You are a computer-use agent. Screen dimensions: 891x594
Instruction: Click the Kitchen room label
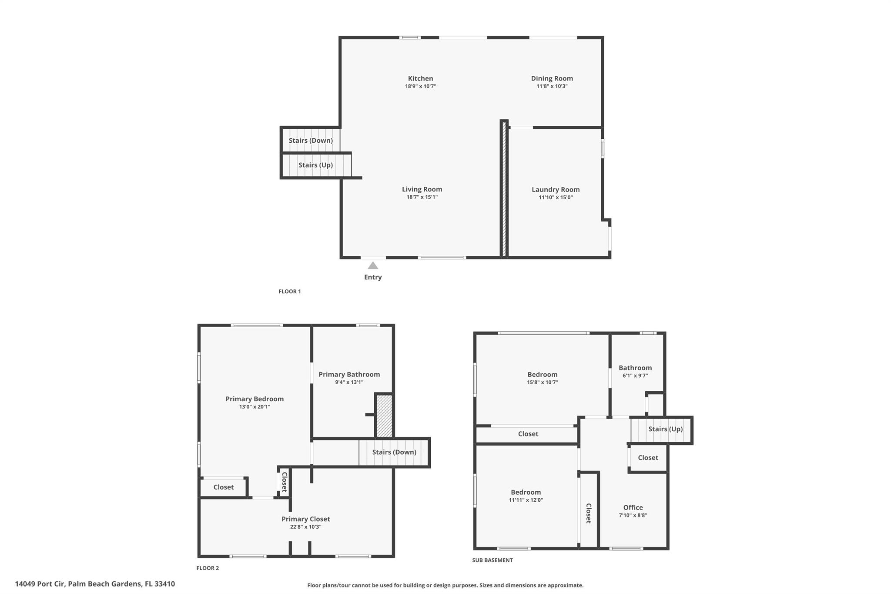click(x=420, y=78)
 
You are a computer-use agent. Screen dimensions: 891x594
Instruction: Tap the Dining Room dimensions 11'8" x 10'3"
click(x=552, y=86)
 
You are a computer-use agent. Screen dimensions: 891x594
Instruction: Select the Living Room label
click(x=422, y=189)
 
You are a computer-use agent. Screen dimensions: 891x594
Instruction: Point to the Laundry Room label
click(x=556, y=190)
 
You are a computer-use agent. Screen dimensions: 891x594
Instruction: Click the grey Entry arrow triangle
click(x=373, y=265)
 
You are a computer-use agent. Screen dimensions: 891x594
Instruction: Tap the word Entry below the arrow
click(x=373, y=277)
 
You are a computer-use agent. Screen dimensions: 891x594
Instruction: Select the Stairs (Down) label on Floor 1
click(x=311, y=141)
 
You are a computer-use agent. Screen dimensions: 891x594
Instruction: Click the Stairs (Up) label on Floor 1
click(x=315, y=165)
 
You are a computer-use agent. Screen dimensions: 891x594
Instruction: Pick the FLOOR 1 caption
click(x=290, y=292)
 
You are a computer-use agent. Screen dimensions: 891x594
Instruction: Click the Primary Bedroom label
click(x=255, y=399)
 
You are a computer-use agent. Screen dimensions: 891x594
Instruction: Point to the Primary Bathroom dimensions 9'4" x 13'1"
click(x=349, y=383)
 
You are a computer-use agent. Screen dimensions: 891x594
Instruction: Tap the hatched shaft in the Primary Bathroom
click(x=384, y=416)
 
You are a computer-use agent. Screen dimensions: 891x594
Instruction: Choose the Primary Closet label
click(x=305, y=519)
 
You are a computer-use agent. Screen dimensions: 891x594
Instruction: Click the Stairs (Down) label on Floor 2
click(x=394, y=452)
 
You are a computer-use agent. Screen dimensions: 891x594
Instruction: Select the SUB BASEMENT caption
click(x=492, y=560)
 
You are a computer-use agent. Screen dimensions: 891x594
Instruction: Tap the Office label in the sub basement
click(x=633, y=507)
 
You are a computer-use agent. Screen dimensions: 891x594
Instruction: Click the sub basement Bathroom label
click(x=635, y=368)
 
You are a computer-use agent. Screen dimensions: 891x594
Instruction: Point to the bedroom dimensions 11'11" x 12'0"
click(x=526, y=500)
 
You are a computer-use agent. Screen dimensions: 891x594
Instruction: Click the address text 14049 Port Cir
click(x=40, y=584)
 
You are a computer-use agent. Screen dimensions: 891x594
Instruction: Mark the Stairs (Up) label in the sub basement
click(x=665, y=429)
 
